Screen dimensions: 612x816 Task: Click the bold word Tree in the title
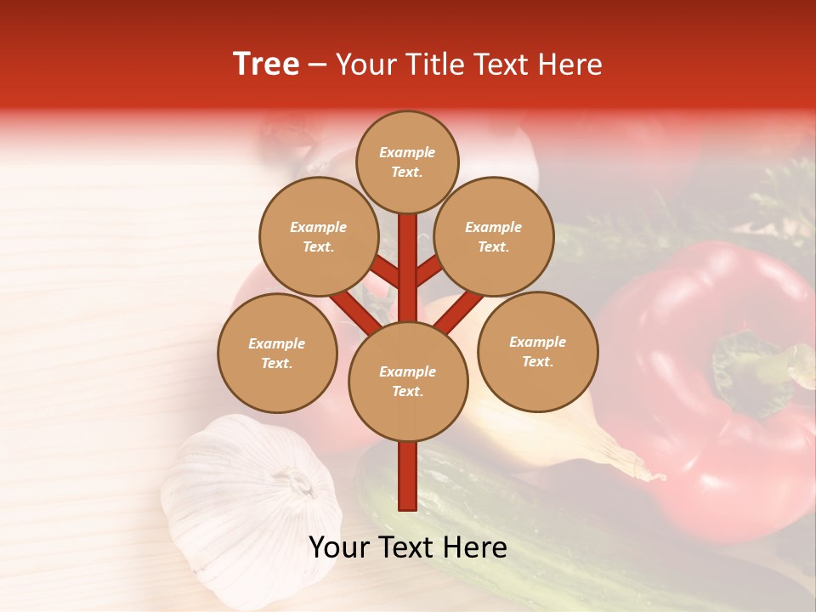pos(266,64)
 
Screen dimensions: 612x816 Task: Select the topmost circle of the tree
pos(407,161)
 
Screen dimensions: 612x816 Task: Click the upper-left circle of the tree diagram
pos(318,236)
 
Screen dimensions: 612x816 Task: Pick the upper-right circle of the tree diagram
pos(494,236)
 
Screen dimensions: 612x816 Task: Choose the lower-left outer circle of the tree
pos(277,353)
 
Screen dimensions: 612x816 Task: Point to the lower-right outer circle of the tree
pos(538,351)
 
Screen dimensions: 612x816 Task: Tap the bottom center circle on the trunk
pos(408,381)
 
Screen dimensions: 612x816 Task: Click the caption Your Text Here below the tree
pos(408,547)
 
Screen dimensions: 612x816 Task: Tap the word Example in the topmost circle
pos(407,152)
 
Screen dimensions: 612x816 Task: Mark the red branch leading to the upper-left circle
pos(386,273)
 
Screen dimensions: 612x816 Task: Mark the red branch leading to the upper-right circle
pos(429,273)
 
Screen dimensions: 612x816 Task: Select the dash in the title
pos(317,65)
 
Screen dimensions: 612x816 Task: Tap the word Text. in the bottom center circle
pos(407,391)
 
